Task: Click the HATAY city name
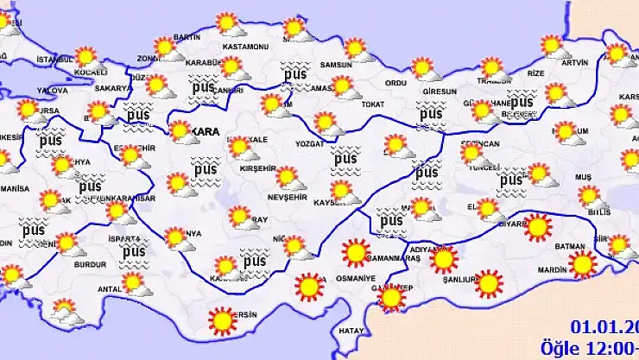click(x=351, y=331)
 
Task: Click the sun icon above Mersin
click(x=223, y=322)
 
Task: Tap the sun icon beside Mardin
click(x=583, y=264)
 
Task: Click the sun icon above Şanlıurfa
click(x=489, y=283)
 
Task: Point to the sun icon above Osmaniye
click(x=308, y=285)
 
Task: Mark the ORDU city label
click(x=395, y=83)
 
